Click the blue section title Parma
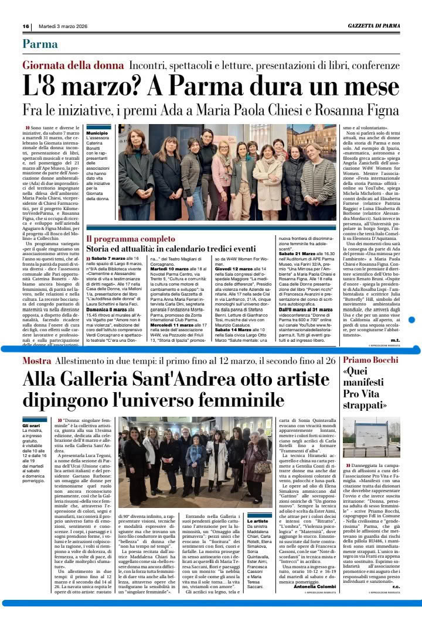(x=40, y=44)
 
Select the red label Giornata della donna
(x=73, y=66)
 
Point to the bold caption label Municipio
(x=97, y=133)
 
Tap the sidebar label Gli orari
(x=32, y=425)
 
